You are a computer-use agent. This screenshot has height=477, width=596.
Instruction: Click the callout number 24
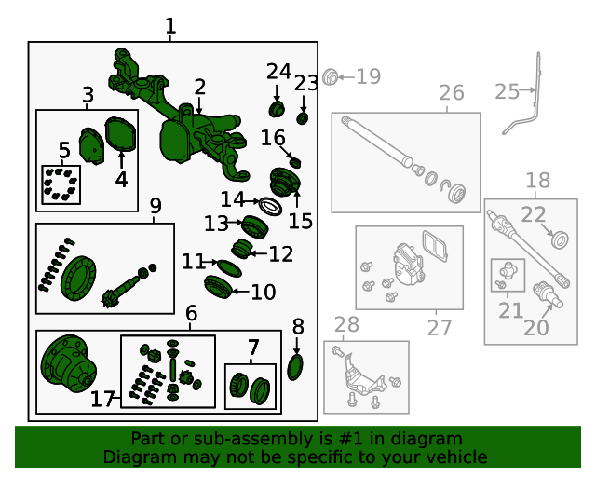click(278, 72)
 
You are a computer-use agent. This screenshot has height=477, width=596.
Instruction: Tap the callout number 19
click(369, 76)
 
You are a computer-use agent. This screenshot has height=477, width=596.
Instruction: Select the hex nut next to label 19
click(330, 77)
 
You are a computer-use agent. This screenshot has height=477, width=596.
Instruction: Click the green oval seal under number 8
click(295, 367)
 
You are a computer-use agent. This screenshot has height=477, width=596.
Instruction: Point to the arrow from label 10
click(240, 292)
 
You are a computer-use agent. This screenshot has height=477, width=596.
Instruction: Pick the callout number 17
click(102, 399)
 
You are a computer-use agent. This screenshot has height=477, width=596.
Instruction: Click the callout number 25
click(507, 91)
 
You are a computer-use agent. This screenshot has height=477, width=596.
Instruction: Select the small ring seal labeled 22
click(560, 239)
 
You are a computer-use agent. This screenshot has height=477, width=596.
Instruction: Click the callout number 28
click(346, 324)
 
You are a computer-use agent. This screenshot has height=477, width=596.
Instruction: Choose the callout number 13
click(216, 224)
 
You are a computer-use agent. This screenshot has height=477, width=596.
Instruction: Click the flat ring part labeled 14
click(270, 207)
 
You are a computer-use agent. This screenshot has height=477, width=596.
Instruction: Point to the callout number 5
click(64, 150)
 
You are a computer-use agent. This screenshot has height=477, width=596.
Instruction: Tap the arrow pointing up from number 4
click(121, 160)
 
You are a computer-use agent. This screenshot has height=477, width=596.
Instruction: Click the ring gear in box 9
click(78, 278)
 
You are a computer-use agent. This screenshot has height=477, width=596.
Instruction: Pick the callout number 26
click(452, 92)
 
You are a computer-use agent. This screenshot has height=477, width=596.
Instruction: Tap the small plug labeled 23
click(303, 118)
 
